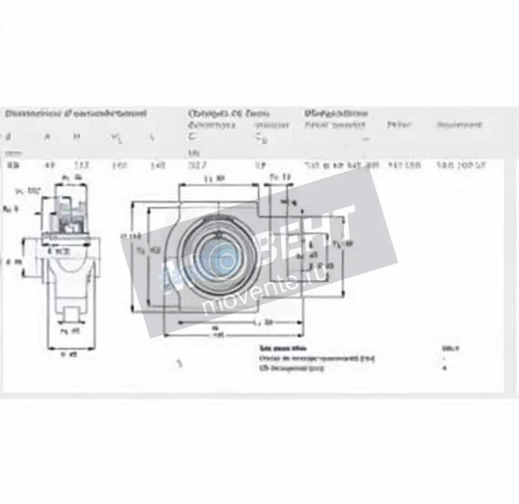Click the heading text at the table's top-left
76,114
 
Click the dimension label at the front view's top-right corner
280,177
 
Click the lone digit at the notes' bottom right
445,368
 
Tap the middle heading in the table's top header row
229,114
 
